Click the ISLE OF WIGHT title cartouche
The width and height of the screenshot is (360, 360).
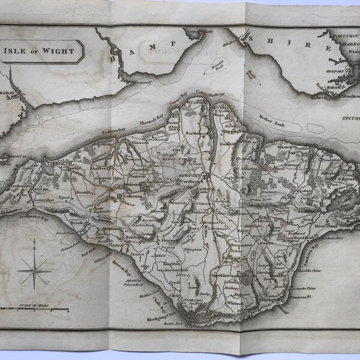tap(41, 51)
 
